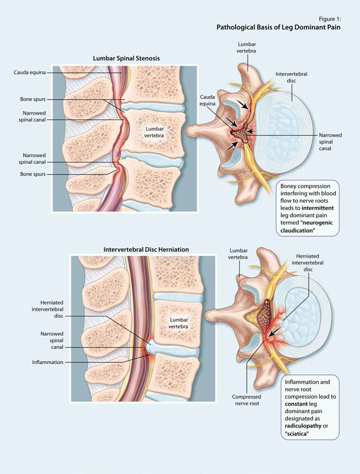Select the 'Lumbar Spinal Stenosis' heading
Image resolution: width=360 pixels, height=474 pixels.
click(x=126, y=58)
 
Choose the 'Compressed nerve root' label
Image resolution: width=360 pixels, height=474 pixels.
click(x=247, y=401)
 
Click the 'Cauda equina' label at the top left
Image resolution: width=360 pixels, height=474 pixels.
click(x=30, y=73)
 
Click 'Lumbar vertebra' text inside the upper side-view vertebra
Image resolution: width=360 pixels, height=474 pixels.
click(x=154, y=132)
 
